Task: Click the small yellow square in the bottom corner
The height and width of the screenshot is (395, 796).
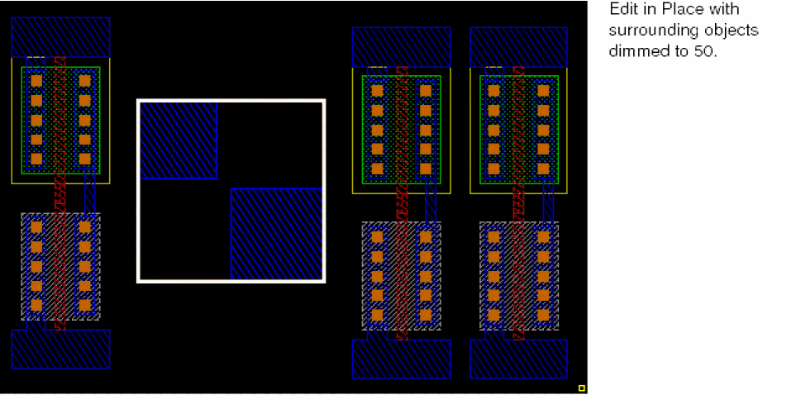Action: pos(582,388)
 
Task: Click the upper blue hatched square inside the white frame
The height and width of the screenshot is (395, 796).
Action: pos(179,140)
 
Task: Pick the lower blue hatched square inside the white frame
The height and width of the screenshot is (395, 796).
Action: pos(276,234)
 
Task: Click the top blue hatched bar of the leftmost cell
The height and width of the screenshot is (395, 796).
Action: pos(60,37)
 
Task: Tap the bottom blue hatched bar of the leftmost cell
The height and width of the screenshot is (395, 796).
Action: pos(60,349)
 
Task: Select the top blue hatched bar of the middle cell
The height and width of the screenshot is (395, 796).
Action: pos(402,47)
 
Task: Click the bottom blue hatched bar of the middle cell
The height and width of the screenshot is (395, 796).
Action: pos(402,359)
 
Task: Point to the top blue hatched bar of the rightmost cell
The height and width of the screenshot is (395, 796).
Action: pos(518,47)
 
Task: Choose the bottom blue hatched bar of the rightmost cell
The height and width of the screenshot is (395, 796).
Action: pos(518,359)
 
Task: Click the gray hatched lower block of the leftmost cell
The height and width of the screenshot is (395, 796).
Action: pos(60,266)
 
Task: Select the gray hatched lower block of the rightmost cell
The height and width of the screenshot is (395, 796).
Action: pos(519,276)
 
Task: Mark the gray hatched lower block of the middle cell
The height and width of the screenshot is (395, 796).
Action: pos(402,276)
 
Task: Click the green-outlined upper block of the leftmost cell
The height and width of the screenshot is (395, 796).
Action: pos(60,120)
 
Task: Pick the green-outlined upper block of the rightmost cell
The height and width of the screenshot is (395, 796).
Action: pos(519,130)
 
